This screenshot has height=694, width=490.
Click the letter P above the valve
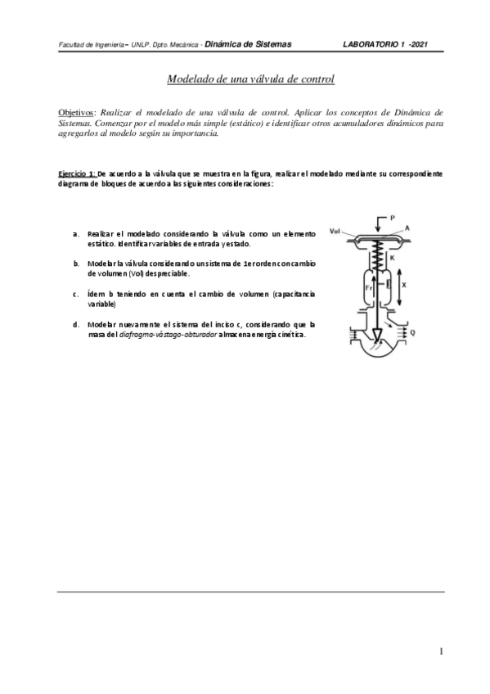point(393,218)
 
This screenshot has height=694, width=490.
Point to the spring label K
point(392,258)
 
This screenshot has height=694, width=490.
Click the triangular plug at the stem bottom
point(377,336)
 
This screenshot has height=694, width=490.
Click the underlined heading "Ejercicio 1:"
point(77,174)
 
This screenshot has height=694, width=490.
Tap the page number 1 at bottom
point(441,651)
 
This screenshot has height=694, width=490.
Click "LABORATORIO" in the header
point(373,44)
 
